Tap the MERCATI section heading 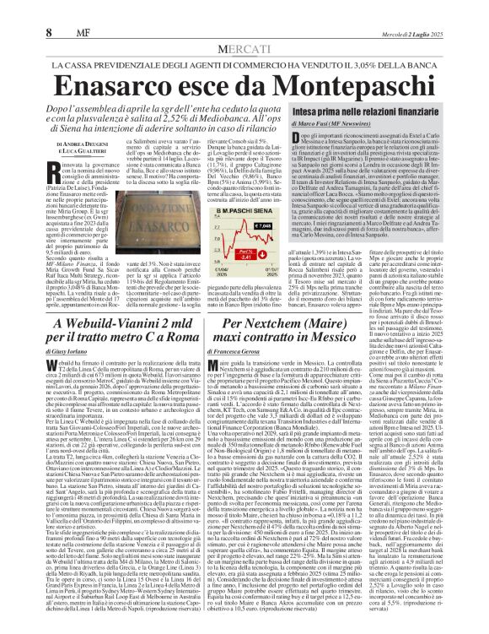pos(245,49)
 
